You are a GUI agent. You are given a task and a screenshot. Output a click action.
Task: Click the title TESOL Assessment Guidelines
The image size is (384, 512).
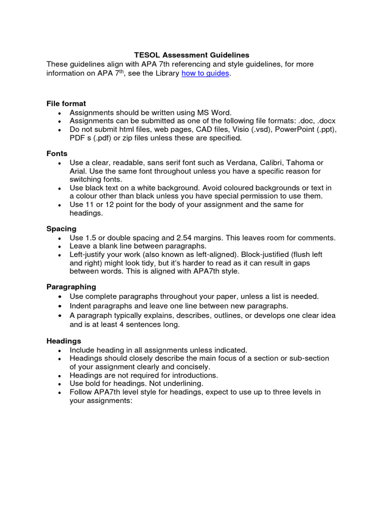point(192,55)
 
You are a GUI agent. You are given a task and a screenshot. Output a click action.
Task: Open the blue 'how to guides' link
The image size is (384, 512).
point(205,73)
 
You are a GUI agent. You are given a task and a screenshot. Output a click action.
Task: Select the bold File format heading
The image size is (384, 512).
point(66,103)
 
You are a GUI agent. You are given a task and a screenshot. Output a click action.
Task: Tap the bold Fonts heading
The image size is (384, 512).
point(57,153)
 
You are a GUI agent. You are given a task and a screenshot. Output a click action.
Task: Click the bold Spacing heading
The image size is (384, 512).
point(61,228)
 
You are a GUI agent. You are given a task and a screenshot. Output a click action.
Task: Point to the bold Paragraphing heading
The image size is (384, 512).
point(71,287)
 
